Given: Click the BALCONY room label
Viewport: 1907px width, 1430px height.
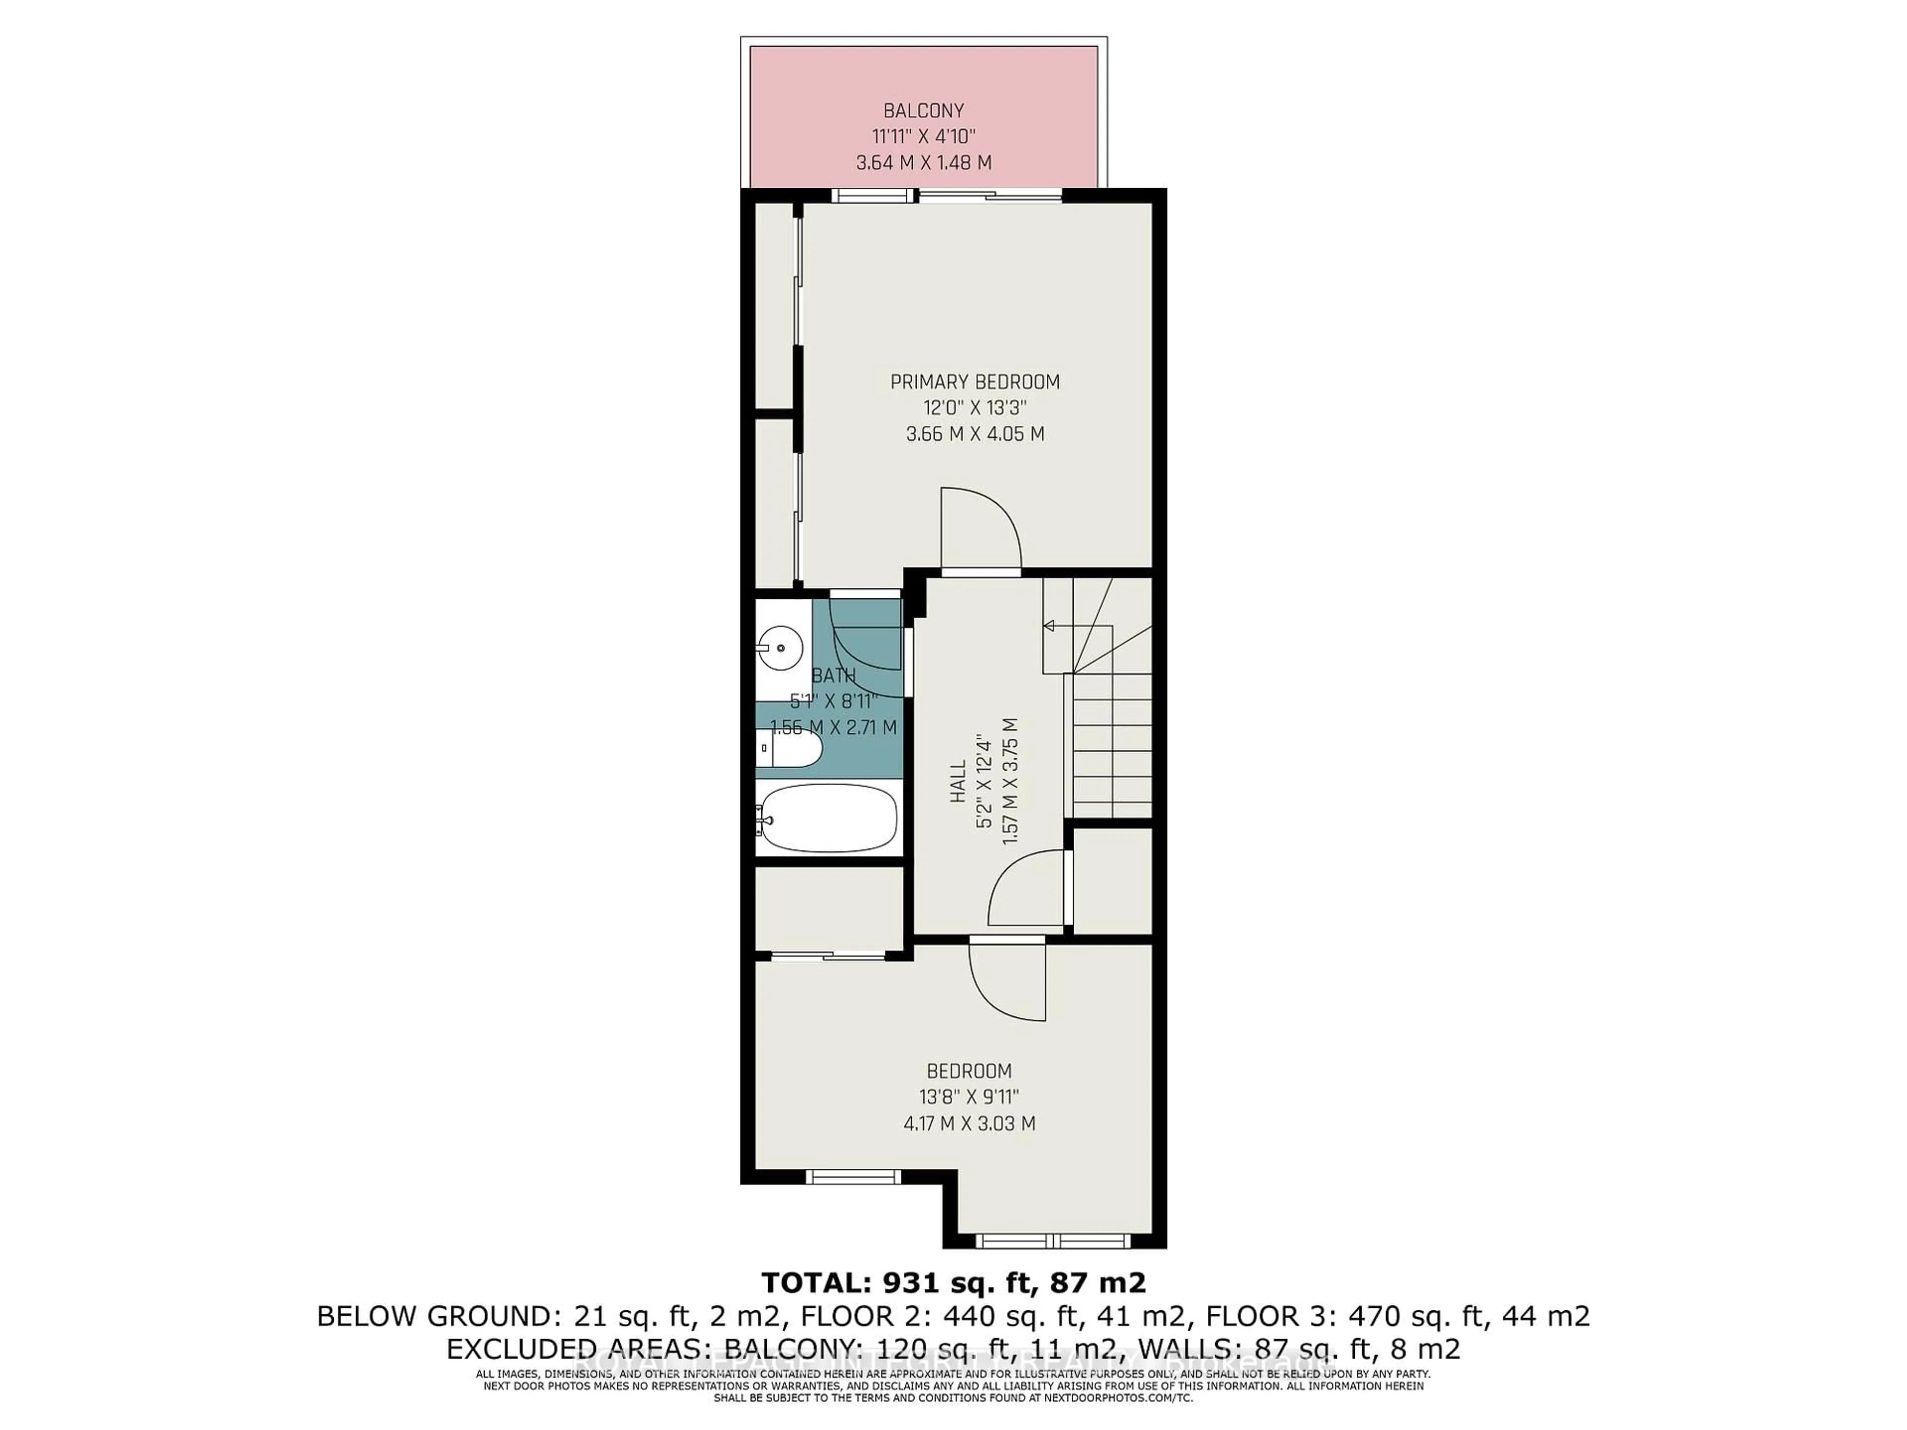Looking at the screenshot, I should coord(923,110).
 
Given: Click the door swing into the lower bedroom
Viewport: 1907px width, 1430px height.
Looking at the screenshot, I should coord(1007,983).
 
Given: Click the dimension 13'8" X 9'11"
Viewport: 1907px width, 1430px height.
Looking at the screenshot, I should coord(969,1097).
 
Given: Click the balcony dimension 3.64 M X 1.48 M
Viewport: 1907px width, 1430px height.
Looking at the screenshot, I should coord(923,162).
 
